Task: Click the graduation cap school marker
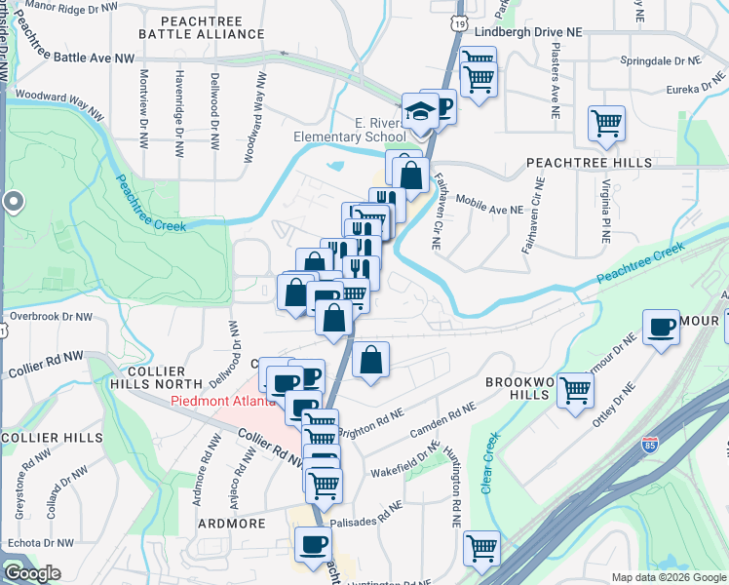(421, 112)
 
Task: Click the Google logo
(31, 572)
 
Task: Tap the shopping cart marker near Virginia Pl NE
(606, 124)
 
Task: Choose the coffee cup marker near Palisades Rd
(314, 545)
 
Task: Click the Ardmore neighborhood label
(232, 524)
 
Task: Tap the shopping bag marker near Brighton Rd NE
(371, 360)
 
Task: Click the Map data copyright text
(669, 577)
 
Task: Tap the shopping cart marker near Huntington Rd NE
(481, 549)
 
